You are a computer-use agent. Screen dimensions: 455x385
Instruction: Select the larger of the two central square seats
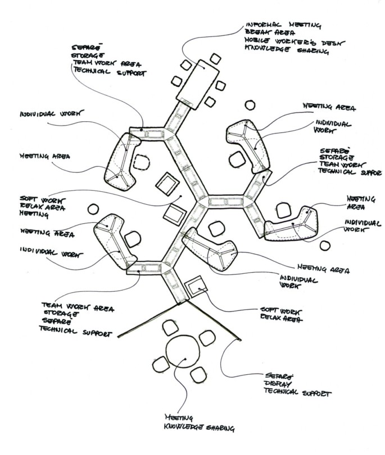pyautogui.click(x=167, y=183)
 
